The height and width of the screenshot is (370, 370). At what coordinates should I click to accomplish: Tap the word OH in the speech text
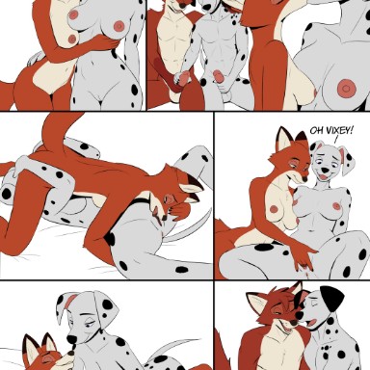(315, 131)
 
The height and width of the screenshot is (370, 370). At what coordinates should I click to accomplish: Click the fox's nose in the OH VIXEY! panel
(305, 177)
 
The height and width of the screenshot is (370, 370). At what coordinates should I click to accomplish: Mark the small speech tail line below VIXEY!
(336, 140)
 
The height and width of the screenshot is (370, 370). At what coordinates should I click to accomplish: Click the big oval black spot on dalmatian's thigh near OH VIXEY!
(264, 248)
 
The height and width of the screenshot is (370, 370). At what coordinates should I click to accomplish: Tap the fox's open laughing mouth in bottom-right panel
(286, 329)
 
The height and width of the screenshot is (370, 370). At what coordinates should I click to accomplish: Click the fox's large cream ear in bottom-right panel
(257, 303)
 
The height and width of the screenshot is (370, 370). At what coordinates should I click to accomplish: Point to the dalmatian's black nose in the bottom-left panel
(71, 339)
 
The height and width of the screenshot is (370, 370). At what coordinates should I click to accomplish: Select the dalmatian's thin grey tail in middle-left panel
(190, 229)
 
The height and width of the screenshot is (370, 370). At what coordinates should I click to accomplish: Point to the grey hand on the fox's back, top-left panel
(36, 58)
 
